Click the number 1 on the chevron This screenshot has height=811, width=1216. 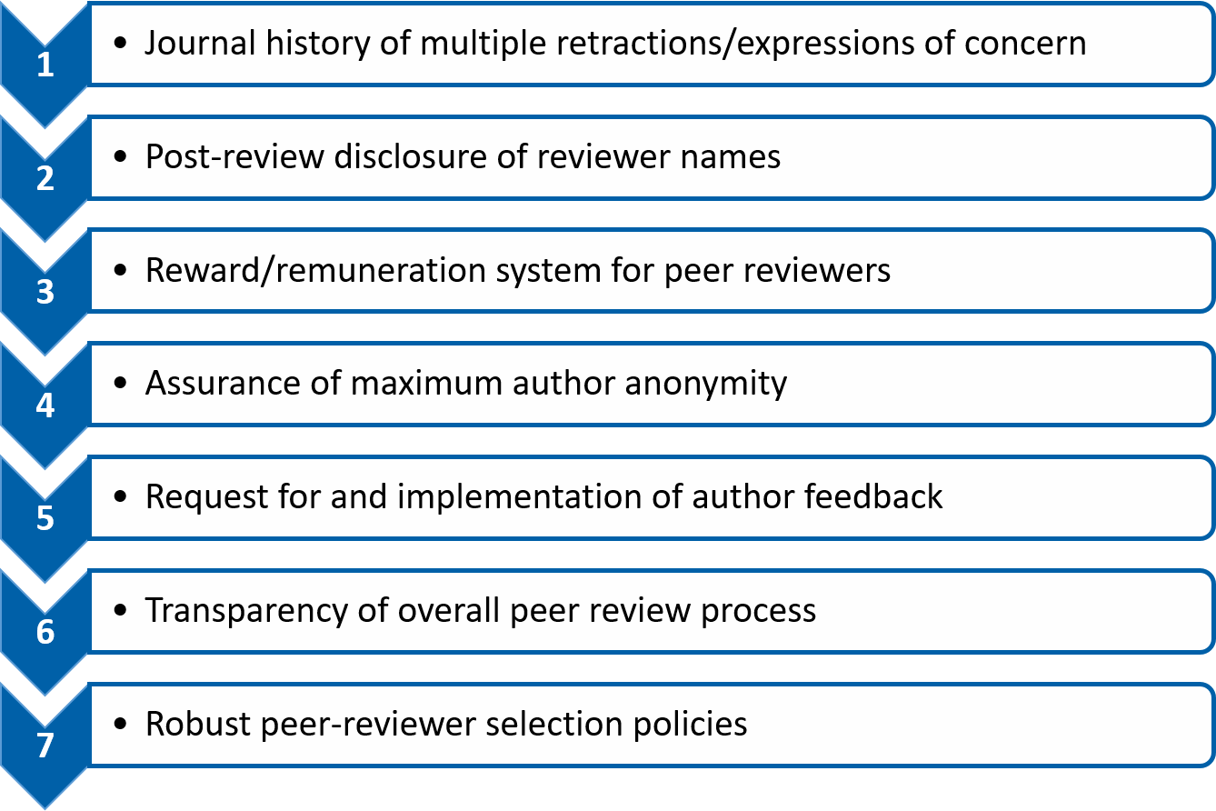[x=45, y=65]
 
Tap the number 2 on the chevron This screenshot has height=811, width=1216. [x=45, y=178]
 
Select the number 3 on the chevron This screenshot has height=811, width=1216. [x=45, y=292]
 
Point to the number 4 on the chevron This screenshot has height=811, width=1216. [x=45, y=405]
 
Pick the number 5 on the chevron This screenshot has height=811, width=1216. [x=45, y=518]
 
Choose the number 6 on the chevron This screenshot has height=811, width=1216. [x=45, y=632]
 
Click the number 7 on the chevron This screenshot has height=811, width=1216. [x=45, y=746]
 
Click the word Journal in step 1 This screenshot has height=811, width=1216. [x=200, y=44]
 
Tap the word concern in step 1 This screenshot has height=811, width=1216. [x=1025, y=44]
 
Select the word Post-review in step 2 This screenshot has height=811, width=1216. [x=234, y=157]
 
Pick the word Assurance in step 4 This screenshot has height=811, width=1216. [x=223, y=383]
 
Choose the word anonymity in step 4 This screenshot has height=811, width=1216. [x=706, y=385]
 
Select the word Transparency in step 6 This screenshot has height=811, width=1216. [x=246, y=612]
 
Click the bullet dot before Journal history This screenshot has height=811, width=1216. [x=121, y=43]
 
